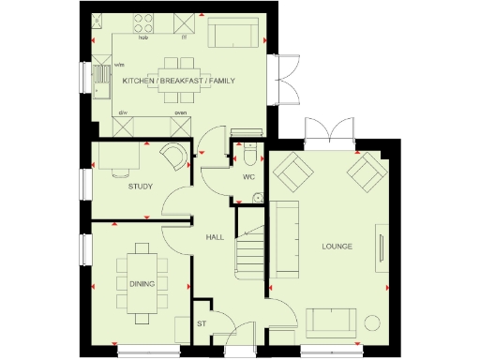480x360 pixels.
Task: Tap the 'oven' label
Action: [181, 113]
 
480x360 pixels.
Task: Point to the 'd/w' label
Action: [122, 113]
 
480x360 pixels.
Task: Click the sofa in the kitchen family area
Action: [233, 35]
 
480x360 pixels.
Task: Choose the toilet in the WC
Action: [249, 152]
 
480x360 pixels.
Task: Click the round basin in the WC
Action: [257, 197]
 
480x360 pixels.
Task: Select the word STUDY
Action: [141, 187]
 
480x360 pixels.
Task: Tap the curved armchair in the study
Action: [172, 157]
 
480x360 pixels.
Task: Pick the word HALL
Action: [214, 236]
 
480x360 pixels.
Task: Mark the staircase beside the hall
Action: [249, 248]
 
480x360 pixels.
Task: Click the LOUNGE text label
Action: [336, 247]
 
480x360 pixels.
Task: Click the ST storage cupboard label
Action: [201, 324]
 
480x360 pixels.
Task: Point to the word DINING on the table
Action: [142, 280]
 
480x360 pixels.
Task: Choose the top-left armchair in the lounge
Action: [293, 172]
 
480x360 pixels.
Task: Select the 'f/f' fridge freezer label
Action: [184, 38]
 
